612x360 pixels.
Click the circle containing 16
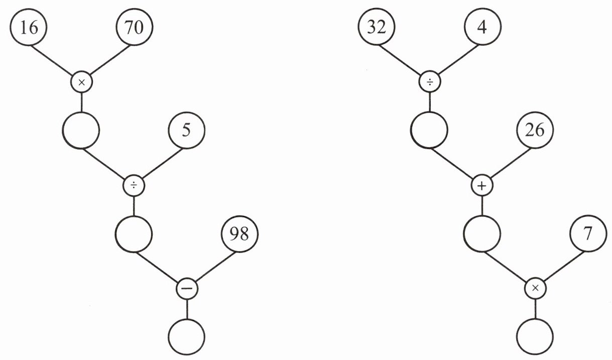coord(29,28)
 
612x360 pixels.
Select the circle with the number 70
coord(134,28)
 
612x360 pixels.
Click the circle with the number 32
coord(377,28)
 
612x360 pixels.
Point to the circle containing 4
coord(482,28)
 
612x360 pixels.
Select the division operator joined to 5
coord(134,186)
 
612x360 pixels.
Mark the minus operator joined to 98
coord(187,289)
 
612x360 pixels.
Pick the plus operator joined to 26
coord(482,186)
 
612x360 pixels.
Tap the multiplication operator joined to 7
coord(535,289)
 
